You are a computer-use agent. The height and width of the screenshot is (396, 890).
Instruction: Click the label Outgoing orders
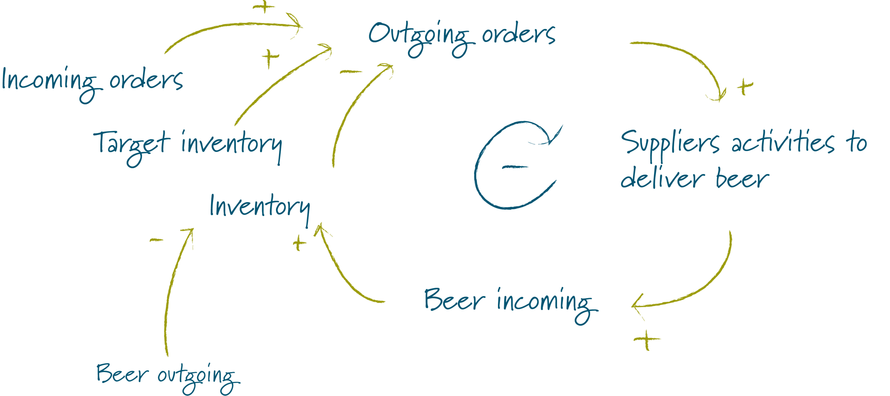tap(461, 36)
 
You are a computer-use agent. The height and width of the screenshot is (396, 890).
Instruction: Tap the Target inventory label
tap(188, 145)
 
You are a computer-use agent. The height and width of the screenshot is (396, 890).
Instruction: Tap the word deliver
tap(662, 178)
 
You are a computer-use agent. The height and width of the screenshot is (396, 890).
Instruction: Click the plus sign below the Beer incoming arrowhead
tap(647, 339)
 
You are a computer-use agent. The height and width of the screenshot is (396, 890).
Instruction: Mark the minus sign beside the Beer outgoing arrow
tap(157, 240)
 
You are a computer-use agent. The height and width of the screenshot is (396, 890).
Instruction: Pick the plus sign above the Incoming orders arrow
tap(264, 7)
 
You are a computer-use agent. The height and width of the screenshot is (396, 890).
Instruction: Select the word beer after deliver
tap(742, 178)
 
